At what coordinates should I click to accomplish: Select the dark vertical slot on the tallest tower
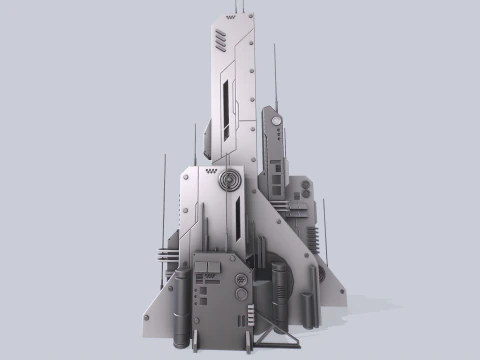pyautogui.click(x=228, y=105)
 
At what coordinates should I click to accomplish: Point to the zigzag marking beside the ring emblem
pyautogui.click(x=210, y=174)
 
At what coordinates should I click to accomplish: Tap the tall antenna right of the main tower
pyautogui.click(x=276, y=75)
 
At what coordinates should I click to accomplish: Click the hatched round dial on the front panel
pyautogui.click(x=241, y=281)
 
